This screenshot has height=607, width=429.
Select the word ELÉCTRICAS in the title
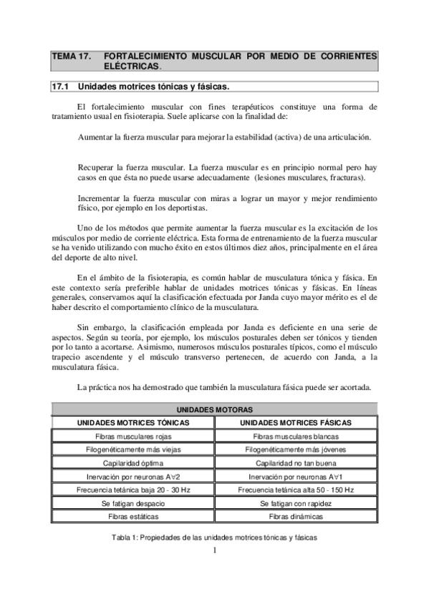[x=132, y=66]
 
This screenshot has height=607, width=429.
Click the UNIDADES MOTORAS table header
[x=214, y=409]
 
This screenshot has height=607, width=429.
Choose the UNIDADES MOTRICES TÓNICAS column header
[x=133, y=422]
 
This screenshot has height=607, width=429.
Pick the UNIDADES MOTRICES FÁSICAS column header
[x=296, y=422]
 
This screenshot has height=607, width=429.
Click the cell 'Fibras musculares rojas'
[x=133, y=436]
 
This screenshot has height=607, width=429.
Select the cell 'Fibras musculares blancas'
[x=296, y=436]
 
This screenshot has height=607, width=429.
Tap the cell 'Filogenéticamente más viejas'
[x=133, y=450]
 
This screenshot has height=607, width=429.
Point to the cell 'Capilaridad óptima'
[x=133, y=462]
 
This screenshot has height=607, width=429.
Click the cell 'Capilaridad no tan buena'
[x=296, y=462]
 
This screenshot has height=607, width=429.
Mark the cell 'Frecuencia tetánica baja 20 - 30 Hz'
[x=133, y=490]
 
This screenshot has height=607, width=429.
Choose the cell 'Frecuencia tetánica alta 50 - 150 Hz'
[x=296, y=490]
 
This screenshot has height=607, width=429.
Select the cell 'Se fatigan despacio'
[x=133, y=502]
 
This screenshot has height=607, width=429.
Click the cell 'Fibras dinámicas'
[x=296, y=516]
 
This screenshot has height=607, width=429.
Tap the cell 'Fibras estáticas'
[x=133, y=516]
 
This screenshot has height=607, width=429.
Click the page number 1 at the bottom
[x=214, y=550]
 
